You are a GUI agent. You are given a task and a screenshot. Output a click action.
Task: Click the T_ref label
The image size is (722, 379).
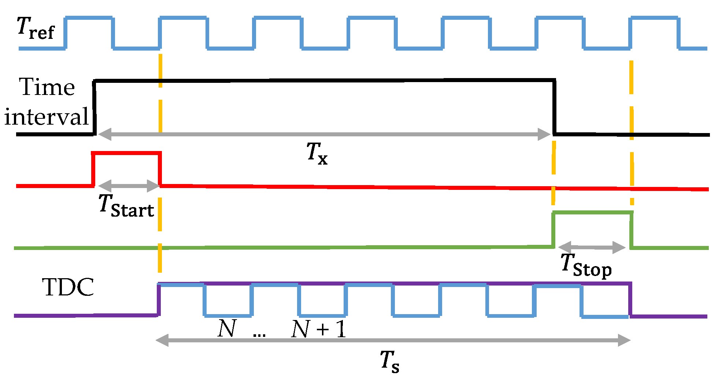(36, 28)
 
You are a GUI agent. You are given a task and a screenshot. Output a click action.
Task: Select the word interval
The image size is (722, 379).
(47, 117)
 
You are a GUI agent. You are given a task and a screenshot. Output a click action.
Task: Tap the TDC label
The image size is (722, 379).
(68, 287)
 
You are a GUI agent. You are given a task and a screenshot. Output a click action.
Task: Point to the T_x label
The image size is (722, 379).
(317, 153)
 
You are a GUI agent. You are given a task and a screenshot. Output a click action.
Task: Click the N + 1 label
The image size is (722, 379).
(318, 329)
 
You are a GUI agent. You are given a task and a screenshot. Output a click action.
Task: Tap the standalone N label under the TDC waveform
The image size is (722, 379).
(227, 328)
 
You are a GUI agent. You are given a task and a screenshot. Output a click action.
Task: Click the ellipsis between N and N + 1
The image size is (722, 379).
(259, 334)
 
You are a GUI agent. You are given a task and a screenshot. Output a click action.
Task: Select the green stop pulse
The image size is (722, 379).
(592, 213)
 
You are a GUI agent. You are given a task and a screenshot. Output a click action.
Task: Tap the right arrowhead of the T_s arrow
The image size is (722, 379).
(624, 340)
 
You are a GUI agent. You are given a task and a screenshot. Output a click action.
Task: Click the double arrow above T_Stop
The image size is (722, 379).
(592, 247)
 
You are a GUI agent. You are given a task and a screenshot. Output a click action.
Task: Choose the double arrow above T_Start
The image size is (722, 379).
(129, 185)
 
